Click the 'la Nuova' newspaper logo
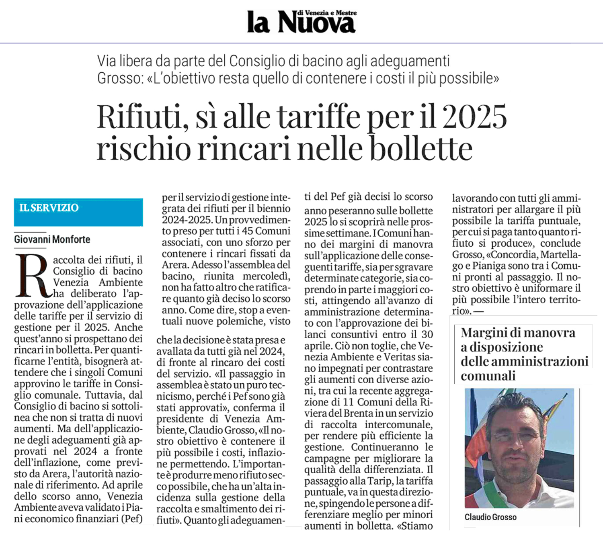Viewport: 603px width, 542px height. (301, 22)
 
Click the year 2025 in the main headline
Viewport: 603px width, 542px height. (474, 117)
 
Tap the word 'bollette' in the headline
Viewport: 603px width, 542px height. (420, 149)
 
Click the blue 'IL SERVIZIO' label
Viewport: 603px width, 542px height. (49, 208)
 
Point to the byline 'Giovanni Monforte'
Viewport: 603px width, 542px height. (52, 239)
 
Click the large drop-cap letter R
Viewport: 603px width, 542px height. (32, 276)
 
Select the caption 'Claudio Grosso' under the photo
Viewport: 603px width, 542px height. (490, 517)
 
